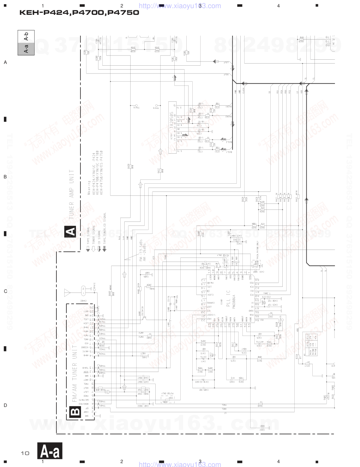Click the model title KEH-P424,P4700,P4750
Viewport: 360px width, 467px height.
coord(79,13)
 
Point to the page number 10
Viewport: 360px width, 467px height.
coord(25,453)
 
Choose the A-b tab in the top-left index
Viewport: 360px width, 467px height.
coord(26,36)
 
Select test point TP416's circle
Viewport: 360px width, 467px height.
coord(136,105)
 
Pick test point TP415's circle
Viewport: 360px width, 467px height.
coord(157,105)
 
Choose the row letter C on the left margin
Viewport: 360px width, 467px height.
coord(5,291)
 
